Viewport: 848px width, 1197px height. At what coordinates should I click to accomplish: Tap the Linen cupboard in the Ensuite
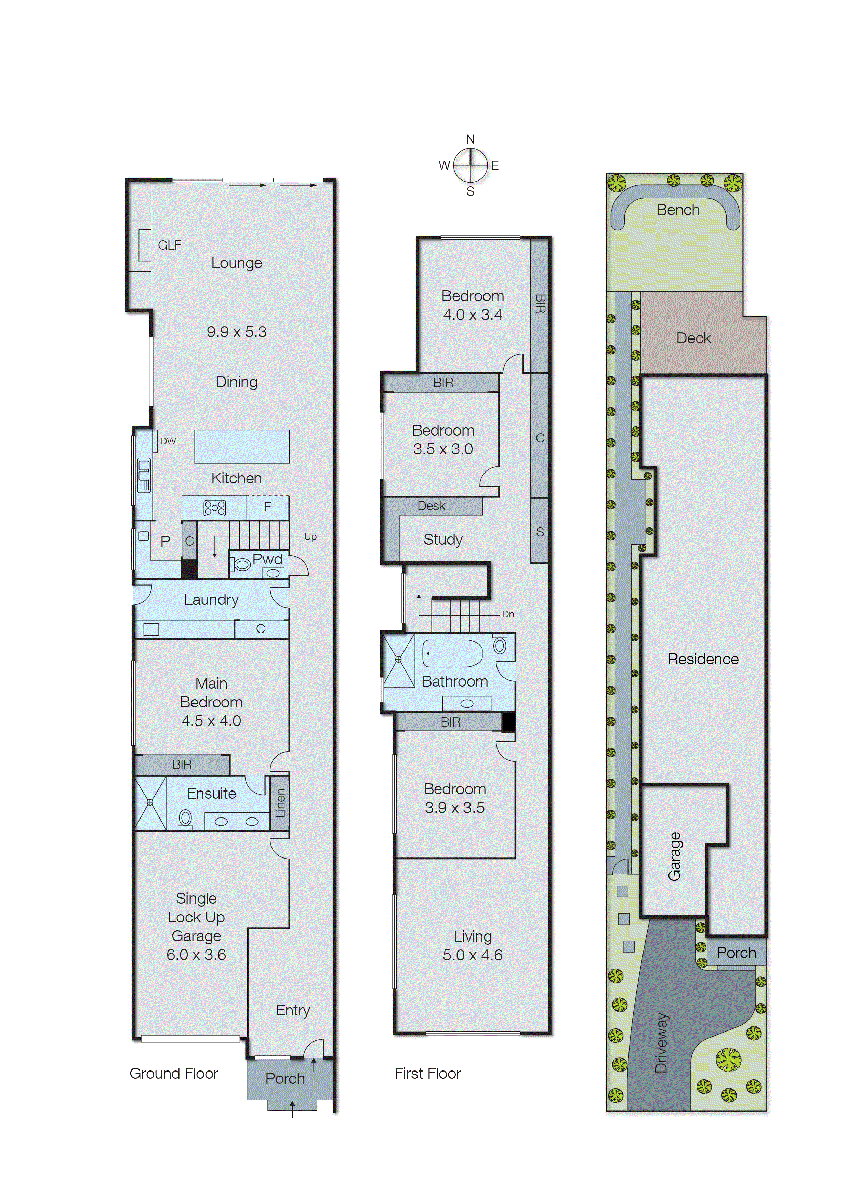pyautogui.click(x=280, y=803)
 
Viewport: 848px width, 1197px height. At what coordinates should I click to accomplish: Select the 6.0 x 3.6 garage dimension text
pyautogui.click(x=196, y=955)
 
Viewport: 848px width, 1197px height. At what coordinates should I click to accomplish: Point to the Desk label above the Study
pyautogui.click(x=431, y=506)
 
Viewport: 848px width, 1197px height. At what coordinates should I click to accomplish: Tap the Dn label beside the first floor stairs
pyautogui.click(x=507, y=614)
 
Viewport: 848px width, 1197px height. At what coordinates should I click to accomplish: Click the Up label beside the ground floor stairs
pyautogui.click(x=310, y=537)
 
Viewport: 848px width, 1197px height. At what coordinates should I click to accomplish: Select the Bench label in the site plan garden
pyautogui.click(x=678, y=210)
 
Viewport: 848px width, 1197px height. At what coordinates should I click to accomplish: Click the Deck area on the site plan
pyautogui.click(x=693, y=338)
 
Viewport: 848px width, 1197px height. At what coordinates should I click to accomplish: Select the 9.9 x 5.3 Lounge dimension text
pyautogui.click(x=237, y=332)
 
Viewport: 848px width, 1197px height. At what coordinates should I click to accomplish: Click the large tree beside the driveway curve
pyautogui.click(x=728, y=1059)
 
